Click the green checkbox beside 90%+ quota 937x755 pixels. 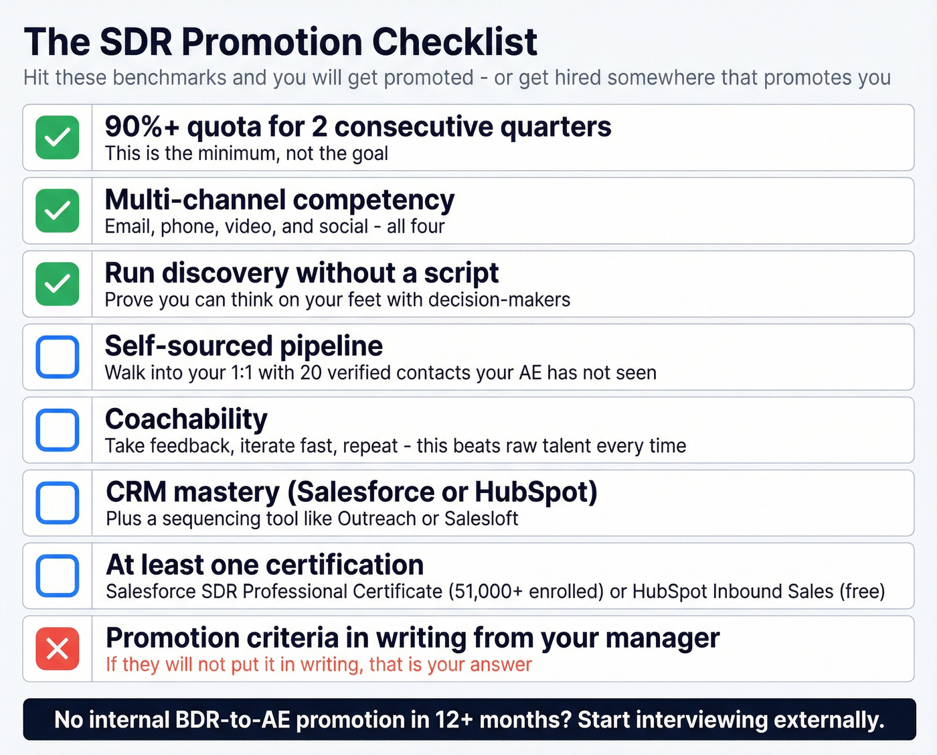(58, 137)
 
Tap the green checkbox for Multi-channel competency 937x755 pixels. (58, 210)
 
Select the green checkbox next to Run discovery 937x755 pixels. (58, 283)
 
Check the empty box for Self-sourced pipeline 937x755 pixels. (58, 356)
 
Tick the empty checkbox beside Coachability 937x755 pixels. (58, 429)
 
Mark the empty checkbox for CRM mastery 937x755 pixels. (58, 502)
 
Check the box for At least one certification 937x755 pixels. (58, 575)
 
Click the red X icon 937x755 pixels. (58, 648)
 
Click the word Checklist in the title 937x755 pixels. (454, 42)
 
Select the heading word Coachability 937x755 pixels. (186, 419)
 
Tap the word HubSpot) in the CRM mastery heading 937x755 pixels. (535, 492)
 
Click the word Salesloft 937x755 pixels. (481, 519)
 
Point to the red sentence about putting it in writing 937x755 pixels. (319, 665)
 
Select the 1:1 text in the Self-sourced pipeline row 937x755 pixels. (242, 373)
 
